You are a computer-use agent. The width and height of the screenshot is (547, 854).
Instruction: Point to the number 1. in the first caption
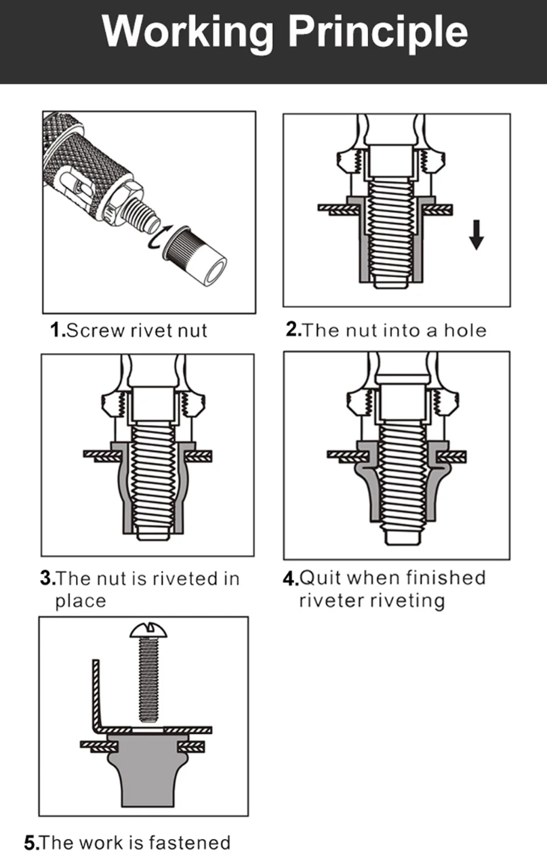pos(58,331)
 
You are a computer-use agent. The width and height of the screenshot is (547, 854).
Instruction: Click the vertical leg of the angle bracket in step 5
pos(97,691)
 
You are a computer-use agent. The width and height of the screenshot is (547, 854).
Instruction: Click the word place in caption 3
pos(81,601)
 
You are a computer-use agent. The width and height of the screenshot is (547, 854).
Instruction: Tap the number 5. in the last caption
pos(32,842)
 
